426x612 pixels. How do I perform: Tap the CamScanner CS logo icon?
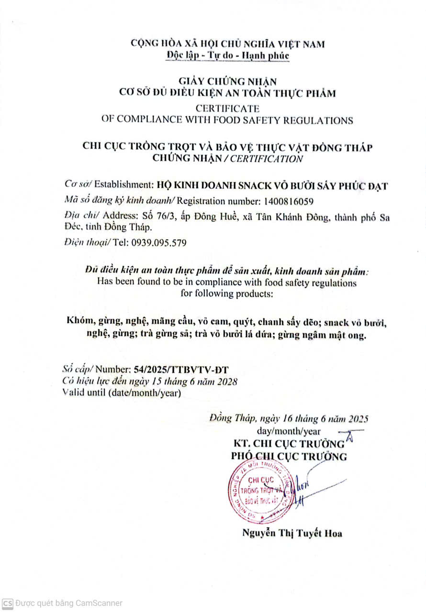(x=8, y=603)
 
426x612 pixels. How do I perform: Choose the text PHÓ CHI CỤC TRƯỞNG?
(x=289, y=456)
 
